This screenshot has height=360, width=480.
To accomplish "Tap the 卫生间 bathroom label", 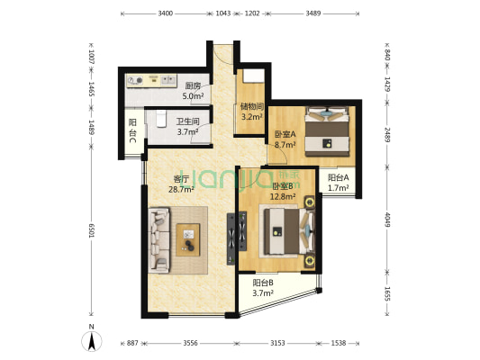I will point(187,121).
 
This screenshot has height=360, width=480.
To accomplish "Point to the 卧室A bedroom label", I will point(285,134).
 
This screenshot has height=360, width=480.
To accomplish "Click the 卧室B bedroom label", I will point(284,186).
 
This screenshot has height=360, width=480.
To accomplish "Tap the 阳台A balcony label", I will point(339,178).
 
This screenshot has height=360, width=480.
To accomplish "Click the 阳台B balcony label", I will point(262,282).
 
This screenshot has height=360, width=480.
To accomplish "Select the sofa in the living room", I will point(160,239).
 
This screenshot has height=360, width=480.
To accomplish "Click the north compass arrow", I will point(91,341).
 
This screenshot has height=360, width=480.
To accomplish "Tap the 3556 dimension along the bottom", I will point(188,343).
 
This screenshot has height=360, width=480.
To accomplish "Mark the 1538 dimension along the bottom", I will point(337,343).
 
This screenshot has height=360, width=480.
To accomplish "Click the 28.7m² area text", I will point(183,190).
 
